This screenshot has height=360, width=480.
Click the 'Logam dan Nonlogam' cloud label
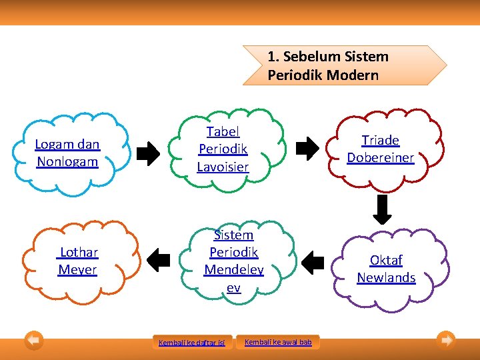(x=67, y=153)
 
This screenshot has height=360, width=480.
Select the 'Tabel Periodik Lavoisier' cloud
(x=223, y=149)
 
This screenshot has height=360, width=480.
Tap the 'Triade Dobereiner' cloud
(x=381, y=149)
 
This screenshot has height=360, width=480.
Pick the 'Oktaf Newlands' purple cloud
(x=386, y=269)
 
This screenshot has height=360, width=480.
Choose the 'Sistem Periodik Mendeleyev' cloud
(x=233, y=261)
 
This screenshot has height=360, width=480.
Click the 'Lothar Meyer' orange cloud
(x=78, y=261)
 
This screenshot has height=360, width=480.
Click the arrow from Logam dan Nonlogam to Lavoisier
(x=148, y=154)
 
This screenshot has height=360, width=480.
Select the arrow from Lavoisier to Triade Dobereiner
(x=307, y=149)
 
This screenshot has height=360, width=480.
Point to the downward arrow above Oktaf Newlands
(x=382, y=211)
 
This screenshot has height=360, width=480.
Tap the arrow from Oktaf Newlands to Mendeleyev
(x=312, y=262)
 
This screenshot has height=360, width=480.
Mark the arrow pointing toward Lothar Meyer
(x=158, y=261)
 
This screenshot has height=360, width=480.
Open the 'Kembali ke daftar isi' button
(x=192, y=343)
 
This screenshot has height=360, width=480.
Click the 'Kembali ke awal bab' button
(x=278, y=342)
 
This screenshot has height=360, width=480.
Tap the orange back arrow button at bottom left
(x=34, y=341)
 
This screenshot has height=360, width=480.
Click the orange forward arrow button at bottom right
(x=446, y=341)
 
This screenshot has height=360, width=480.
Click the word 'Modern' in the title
(x=352, y=75)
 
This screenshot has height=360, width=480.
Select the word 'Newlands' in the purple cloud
(x=386, y=277)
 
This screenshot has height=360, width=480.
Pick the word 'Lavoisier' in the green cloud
(x=223, y=167)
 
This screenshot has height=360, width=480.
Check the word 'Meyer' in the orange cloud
(x=77, y=269)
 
